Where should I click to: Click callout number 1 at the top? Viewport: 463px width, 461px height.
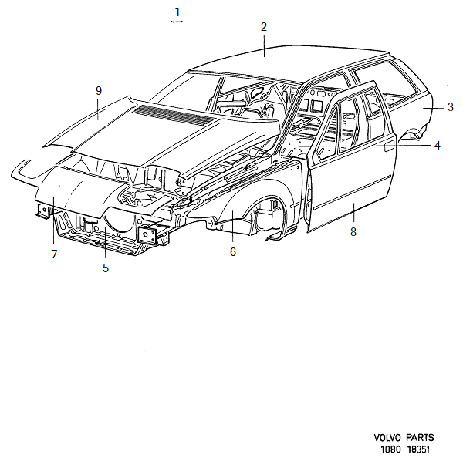[178, 12]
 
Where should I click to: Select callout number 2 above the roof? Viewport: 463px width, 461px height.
[263, 27]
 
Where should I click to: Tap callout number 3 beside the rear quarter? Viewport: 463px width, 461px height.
[451, 107]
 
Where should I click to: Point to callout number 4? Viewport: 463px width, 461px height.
[437, 145]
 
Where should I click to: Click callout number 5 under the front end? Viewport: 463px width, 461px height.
[105, 268]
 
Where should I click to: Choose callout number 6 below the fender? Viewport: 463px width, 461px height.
[232, 251]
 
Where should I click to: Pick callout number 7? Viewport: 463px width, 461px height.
[54, 254]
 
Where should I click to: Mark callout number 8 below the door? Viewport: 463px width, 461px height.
[353, 232]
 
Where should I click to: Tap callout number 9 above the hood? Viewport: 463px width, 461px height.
[99, 91]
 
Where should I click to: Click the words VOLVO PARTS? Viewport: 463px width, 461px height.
[404, 438]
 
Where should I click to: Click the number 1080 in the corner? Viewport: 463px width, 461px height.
[389, 449]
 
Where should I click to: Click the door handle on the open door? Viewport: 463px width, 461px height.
[389, 144]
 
